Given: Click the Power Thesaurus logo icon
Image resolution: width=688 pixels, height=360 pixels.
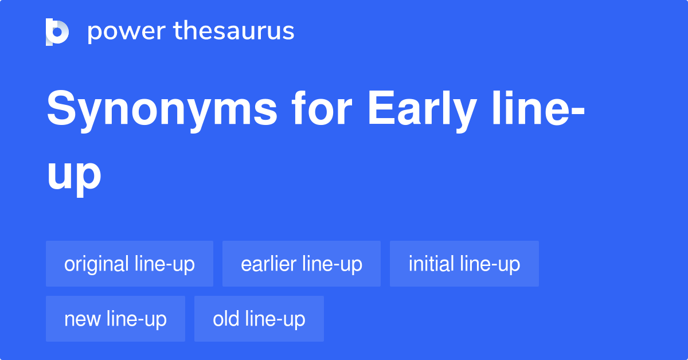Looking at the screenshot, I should point(57,32).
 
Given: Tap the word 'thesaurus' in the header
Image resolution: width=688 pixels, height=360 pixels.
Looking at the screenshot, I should point(234,32).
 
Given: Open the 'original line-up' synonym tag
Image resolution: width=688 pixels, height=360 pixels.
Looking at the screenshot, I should point(130,264).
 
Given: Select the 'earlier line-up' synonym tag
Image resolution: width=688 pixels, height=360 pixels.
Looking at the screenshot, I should point(302,264).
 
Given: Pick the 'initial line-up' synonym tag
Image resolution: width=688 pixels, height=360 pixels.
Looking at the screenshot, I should point(464,264).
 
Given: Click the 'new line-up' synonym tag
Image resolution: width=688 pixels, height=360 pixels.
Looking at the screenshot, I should point(115,319).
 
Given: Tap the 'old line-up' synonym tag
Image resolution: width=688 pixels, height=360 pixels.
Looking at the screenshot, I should point(259,319).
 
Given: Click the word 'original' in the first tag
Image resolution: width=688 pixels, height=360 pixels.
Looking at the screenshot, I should point(96,264).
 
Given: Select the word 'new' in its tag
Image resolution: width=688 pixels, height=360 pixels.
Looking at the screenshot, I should point(83,319).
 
